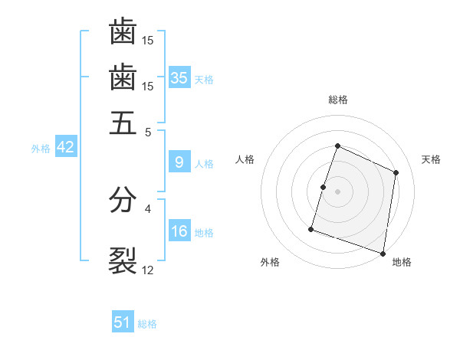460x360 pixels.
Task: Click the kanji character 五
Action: click(x=123, y=123)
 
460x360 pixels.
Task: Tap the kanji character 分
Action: click(x=123, y=201)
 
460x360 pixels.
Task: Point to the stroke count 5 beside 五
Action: click(x=148, y=131)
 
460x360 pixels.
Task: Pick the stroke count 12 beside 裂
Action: click(x=148, y=270)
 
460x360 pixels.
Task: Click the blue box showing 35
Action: click(x=179, y=77)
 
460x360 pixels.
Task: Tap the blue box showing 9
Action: click(x=179, y=162)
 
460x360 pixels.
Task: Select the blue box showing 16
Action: click(x=179, y=231)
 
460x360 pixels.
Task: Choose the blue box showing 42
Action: click(x=65, y=147)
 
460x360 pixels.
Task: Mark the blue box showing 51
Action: click(x=123, y=322)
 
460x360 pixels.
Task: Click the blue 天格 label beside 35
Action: click(x=204, y=79)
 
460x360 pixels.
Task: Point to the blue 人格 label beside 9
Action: click(x=204, y=163)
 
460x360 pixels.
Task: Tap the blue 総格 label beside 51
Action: click(x=147, y=324)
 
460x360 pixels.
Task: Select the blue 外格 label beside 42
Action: click(x=41, y=149)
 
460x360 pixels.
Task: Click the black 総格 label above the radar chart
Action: click(x=337, y=100)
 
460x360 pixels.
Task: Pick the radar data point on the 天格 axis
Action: click(x=396, y=172)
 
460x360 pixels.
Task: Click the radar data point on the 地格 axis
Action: click(x=383, y=253)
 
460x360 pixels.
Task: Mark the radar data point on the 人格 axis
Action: click(x=324, y=187)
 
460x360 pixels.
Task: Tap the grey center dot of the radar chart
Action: click(x=337, y=191)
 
